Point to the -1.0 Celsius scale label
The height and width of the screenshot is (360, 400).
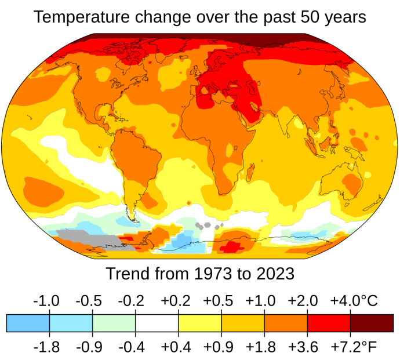click(47, 301)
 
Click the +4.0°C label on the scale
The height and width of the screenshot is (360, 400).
click(354, 301)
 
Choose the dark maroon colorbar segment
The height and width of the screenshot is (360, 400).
click(372, 323)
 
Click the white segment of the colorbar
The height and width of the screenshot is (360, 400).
click(157, 323)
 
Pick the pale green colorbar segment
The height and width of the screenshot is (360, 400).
click(114, 323)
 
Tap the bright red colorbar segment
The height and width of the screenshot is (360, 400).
click(329, 323)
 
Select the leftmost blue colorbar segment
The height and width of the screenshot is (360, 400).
click(28, 323)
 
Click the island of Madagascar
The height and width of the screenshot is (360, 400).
click(250, 172)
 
